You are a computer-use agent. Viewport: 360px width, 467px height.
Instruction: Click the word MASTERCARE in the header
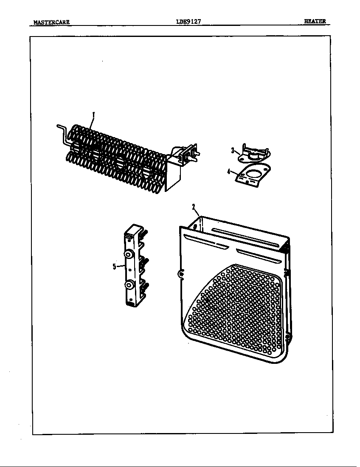click(51, 22)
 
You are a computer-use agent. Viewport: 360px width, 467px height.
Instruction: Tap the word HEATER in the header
click(315, 21)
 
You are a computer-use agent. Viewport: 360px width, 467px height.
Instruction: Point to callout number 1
click(93, 114)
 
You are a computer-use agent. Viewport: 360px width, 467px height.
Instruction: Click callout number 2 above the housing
click(194, 207)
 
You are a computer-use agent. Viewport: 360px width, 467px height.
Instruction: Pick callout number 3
click(233, 150)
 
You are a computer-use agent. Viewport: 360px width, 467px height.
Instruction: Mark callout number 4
click(228, 172)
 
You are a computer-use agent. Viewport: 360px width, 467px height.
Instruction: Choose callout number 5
click(114, 266)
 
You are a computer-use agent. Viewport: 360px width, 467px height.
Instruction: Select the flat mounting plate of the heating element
click(173, 178)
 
